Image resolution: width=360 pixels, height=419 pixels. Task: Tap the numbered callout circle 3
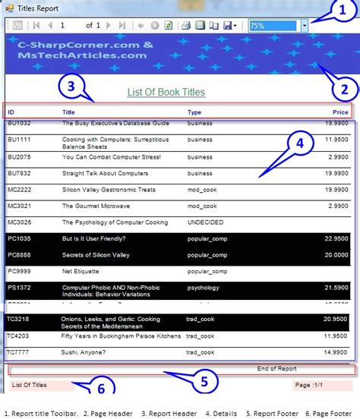tap(71, 87)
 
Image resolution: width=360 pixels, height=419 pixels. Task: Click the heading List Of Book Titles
tap(166, 93)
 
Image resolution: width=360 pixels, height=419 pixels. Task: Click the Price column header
tap(339, 112)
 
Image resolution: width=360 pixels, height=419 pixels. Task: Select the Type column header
tap(194, 112)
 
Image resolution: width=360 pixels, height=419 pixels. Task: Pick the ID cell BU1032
tap(19, 122)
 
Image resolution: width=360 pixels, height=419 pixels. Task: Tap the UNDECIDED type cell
tap(205, 222)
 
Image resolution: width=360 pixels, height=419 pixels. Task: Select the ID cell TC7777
tap(19, 352)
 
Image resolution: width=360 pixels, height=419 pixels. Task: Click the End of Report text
tap(276, 369)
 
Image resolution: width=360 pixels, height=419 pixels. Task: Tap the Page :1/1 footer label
tap(313, 385)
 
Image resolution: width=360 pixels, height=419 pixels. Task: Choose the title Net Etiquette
tap(81, 271)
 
